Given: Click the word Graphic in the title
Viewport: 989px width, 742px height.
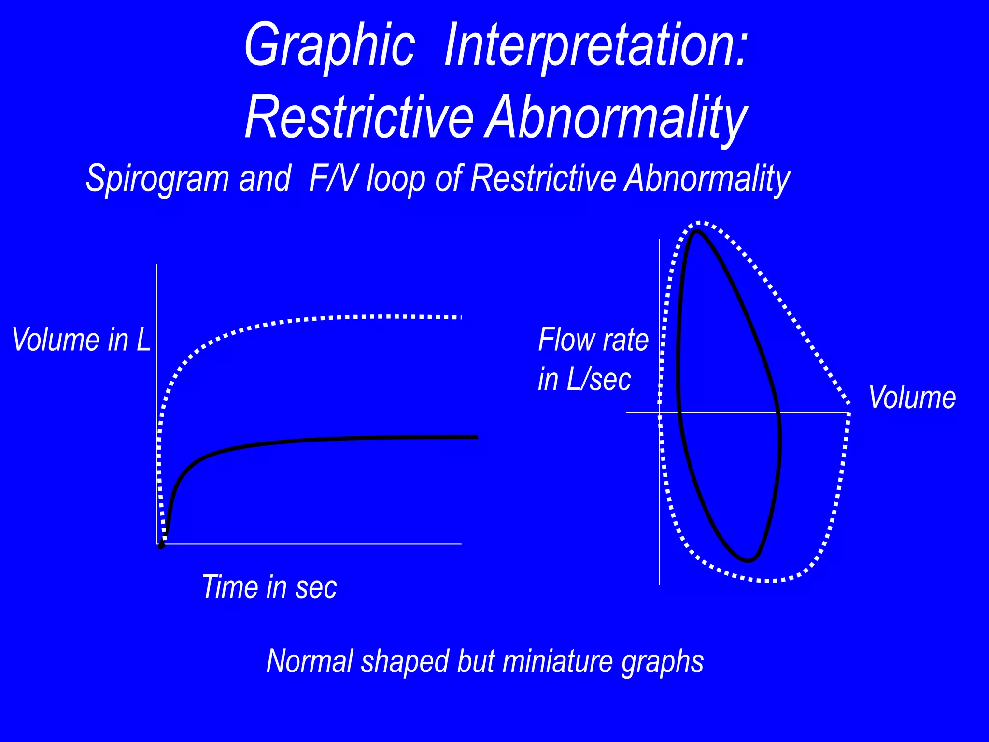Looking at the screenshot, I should pyautogui.click(x=329, y=46).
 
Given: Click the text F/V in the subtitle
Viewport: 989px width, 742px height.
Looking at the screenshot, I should pyautogui.click(x=333, y=179).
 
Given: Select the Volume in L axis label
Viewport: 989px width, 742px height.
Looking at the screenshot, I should pyautogui.click(x=81, y=340).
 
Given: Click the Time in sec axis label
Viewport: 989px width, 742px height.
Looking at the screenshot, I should pyautogui.click(x=269, y=587).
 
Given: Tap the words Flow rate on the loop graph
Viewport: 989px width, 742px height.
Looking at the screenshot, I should pyautogui.click(x=593, y=340).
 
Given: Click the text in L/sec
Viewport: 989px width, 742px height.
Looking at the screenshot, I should pyautogui.click(x=584, y=379).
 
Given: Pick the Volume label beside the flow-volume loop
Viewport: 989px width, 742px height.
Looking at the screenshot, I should pyautogui.click(x=912, y=398).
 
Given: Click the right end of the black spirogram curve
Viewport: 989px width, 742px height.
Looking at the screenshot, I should pyautogui.click(x=476, y=437).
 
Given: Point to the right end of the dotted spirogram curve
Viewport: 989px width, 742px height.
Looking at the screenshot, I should pyautogui.click(x=460, y=317).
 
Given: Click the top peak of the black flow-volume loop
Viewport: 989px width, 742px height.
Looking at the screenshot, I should pyautogui.click(x=696, y=231).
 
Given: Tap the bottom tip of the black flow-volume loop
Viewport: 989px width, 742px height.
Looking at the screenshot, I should pyautogui.click(x=748, y=561).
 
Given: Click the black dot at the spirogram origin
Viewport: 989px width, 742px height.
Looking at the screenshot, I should pyautogui.click(x=161, y=545).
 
